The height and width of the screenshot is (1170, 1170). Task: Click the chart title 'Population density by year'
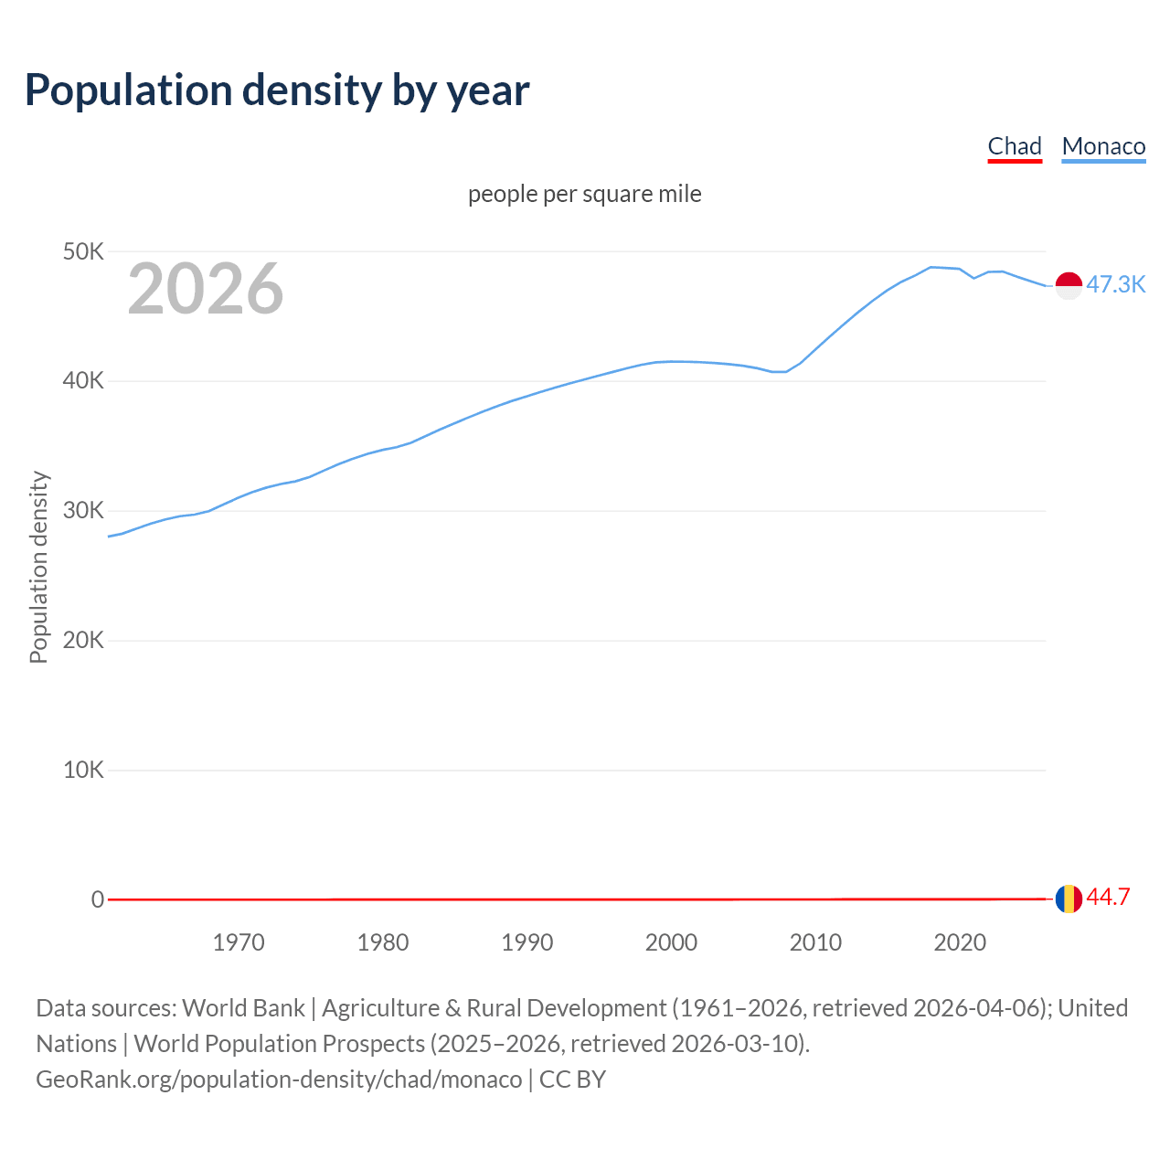[x=277, y=90]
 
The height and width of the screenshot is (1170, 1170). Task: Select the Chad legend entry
[x=1015, y=146]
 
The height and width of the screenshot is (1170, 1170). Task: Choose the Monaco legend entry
[x=1103, y=146]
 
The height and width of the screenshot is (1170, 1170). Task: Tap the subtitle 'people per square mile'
[x=585, y=194]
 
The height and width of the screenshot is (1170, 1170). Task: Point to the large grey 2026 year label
[x=206, y=289]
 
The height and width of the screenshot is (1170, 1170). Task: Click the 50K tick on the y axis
[x=83, y=251]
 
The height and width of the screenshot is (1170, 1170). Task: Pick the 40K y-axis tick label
[x=83, y=381]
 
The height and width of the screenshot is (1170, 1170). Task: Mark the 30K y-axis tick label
[x=83, y=511]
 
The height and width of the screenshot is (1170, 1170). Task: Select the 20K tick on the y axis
[x=83, y=640]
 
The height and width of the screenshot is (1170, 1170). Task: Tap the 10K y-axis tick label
[x=83, y=770]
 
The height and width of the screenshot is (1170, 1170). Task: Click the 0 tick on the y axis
[x=98, y=899]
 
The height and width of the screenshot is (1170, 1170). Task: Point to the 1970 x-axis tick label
[x=239, y=942]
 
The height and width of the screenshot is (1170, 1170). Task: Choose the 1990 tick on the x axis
[x=527, y=942]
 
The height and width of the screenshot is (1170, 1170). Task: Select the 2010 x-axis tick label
[x=815, y=942]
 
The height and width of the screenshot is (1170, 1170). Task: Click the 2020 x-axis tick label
[x=960, y=942]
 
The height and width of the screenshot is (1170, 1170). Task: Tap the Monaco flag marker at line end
[x=1069, y=285]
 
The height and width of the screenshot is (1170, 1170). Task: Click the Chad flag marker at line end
[x=1069, y=899]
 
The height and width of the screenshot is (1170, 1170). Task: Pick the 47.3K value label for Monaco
[x=1115, y=284]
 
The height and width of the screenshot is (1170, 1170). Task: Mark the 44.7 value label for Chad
[x=1108, y=898]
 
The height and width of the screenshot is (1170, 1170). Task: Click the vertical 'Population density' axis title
[x=38, y=567]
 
